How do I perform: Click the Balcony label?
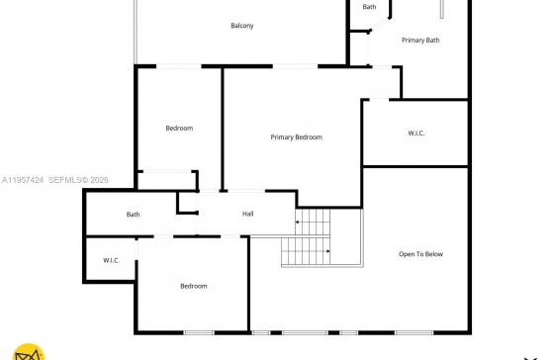pyautogui.click(x=242, y=26)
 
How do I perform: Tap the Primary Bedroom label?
pyautogui.click(x=296, y=137)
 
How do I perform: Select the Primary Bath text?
pyautogui.click(x=420, y=41)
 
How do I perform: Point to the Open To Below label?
pyautogui.click(x=420, y=254)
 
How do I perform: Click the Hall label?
pyautogui.click(x=247, y=214)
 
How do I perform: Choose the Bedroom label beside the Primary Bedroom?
pyautogui.click(x=179, y=128)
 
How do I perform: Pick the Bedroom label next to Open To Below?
pyautogui.click(x=194, y=286)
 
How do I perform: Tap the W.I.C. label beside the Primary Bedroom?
pyautogui.click(x=416, y=134)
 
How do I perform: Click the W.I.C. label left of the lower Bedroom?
pyautogui.click(x=111, y=260)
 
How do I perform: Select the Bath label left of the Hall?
pyautogui.click(x=133, y=214)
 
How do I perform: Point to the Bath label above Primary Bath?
pyautogui.click(x=369, y=7)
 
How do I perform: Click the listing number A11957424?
pyautogui.click(x=23, y=180)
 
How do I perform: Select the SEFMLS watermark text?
pyautogui.click(x=78, y=180)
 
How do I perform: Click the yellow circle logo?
pyautogui.click(x=29, y=352)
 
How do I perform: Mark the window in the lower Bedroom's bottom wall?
pyautogui.click(x=199, y=332)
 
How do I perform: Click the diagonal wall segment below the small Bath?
pyautogui.click(x=379, y=25)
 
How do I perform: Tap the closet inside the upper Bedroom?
pyautogui.click(x=167, y=180)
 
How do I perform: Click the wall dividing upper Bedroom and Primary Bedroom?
pyautogui.click(x=223, y=129)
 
